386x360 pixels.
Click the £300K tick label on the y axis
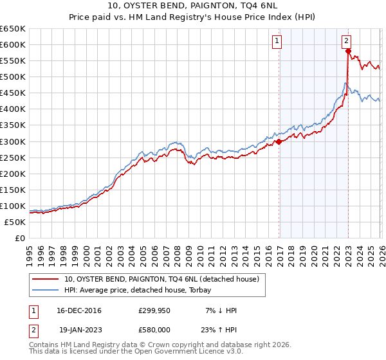pos(13,141)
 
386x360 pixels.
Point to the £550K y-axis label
pos(13,60)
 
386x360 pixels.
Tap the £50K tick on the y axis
pos(15,222)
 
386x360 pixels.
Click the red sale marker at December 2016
pos(279,141)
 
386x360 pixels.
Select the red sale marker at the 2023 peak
pos(347,51)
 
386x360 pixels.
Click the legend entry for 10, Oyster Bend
pos(161,279)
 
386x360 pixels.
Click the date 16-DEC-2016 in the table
pos(78,310)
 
